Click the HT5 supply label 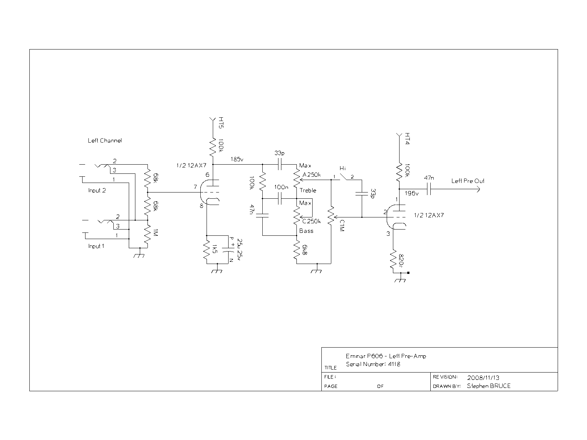point(221,122)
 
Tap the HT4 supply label point(407,139)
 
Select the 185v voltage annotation point(237,159)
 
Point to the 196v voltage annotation point(412,193)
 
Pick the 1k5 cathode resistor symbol point(207,250)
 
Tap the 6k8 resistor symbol point(296,250)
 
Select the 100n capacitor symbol point(280,198)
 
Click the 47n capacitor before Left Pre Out point(429,189)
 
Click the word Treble point(308,190)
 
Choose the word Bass point(306,231)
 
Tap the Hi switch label point(343,168)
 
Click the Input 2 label point(97,190)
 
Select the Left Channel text point(105,140)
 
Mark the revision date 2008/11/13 point(483,378)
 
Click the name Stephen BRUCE point(489,386)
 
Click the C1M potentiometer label point(342,226)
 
